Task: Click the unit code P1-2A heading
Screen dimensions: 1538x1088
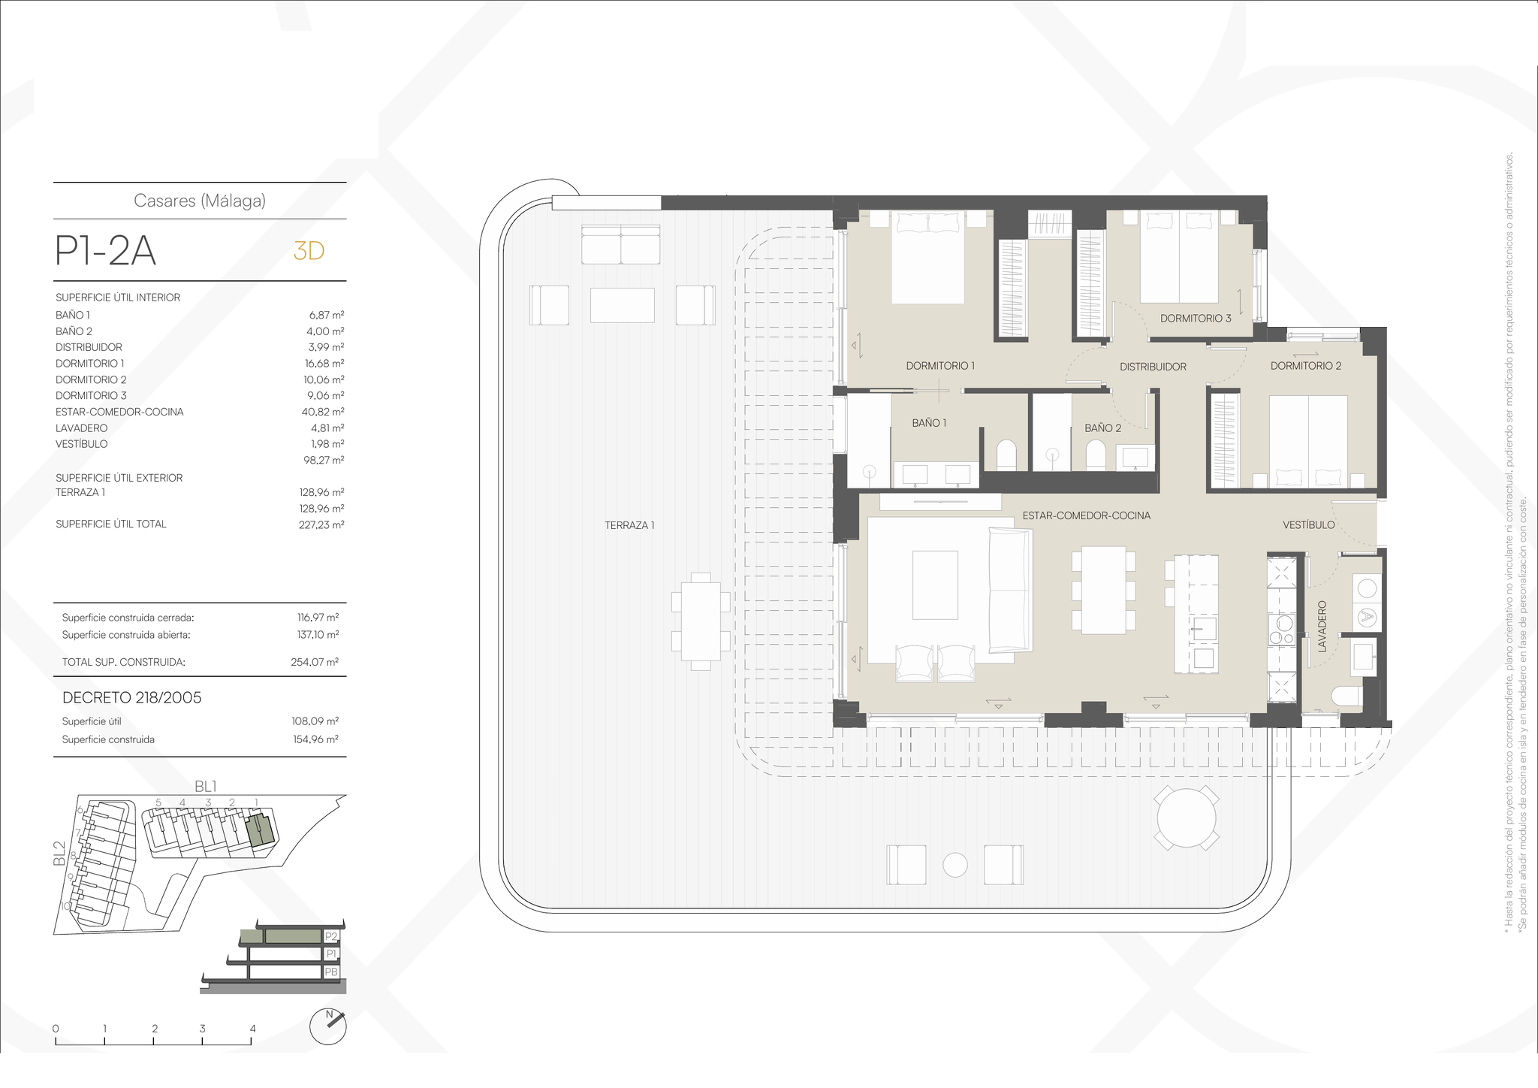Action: coord(106,251)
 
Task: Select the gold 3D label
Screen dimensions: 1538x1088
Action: coord(309,251)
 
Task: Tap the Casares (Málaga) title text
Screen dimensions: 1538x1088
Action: coord(200,201)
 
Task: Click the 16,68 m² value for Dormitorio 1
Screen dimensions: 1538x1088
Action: coord(324,364)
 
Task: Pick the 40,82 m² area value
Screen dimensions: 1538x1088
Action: coord(323,412)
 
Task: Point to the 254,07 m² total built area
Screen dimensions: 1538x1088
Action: coord(315,662)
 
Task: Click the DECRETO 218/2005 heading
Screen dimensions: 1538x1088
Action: coord(132,697)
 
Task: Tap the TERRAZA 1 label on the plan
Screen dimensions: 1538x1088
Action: coord(629,525)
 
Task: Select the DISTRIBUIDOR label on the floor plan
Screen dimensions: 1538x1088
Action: coord(1153,367)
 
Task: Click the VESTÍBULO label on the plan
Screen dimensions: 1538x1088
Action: coord(1308,525)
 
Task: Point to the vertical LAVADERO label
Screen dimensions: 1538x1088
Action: coord(1322,625)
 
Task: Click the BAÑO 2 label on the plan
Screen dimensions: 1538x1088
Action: coord(1102,428)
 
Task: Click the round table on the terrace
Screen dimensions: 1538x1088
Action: coord(1186,818)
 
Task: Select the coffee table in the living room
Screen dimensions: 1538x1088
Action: coord(935,585)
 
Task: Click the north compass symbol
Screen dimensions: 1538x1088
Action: coord(328,1026)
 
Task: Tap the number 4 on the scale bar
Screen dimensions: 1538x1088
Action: coord(252,1029)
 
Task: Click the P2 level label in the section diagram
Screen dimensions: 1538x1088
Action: coord(331,937)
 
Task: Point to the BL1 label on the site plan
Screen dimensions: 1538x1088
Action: coord(206,787)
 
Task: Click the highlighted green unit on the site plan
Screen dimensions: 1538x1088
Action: coord(261,830)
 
